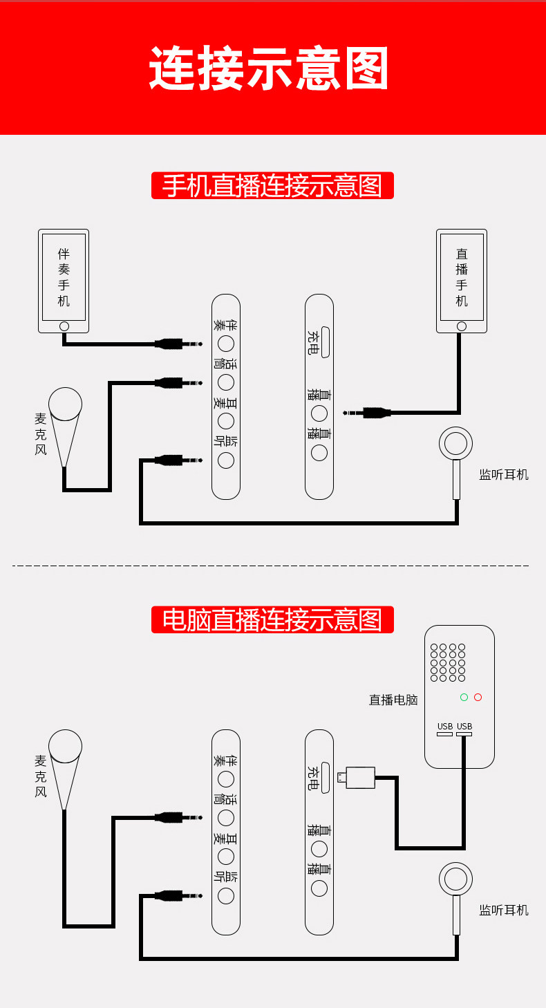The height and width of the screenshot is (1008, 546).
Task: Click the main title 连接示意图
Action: click(268, 68)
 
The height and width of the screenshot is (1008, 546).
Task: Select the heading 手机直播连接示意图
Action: click(272, 185)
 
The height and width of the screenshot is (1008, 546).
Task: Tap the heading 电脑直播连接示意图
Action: click(272, 619)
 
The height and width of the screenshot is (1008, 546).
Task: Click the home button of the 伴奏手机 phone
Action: click(64, 326)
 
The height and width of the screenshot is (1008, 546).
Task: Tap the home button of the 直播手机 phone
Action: click(462, 326)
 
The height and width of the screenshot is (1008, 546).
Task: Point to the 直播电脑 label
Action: click(393, 700)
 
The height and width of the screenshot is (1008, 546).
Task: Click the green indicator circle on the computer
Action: click(464, 697)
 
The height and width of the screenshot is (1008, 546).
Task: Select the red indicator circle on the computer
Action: click(478, 697)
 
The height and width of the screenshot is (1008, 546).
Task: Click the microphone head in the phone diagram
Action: click(65, 404)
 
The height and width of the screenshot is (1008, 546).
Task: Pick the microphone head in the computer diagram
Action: click(65, 746)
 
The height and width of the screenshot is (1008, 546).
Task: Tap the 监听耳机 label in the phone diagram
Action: click(504, 475)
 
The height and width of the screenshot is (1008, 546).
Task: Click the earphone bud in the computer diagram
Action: click(455, 879)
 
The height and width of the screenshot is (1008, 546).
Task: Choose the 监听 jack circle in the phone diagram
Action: click(226, 460)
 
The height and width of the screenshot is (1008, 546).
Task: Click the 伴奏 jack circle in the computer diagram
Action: click(226, 779)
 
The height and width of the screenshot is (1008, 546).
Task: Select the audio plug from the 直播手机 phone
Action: click(366, 413)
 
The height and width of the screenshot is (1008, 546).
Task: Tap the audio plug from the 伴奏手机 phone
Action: click(178, 344)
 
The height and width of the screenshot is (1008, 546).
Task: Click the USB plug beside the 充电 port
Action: click(356, 778)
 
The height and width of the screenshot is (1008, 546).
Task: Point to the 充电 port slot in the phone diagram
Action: click(325, 342)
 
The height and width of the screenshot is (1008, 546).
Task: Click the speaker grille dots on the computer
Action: click(448, 662)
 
